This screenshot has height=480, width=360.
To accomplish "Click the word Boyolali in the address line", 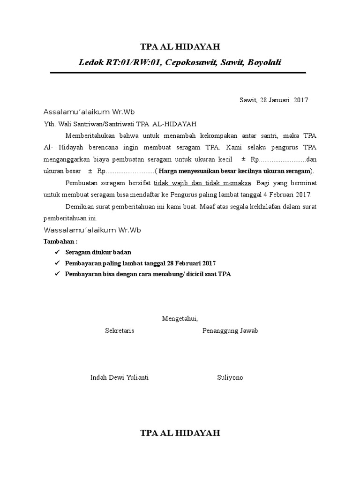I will click(x=264, y=62).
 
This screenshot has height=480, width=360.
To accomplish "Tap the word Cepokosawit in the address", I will click(x=189, y=62).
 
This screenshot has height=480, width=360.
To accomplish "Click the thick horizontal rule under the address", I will click(x=178, y=73).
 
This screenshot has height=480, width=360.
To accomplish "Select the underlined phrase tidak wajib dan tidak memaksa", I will click(x=202, y=182).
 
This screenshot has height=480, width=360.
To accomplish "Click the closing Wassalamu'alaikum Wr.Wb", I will click(x=92, y=230).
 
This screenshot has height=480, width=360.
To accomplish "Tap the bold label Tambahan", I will click(x=60, y=241).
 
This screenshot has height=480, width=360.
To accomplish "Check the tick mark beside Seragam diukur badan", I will click(x=58, y=252).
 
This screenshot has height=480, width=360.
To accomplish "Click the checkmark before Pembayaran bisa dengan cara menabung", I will click(x=58, y=274).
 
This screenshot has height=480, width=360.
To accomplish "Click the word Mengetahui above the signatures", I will click(x=180, y=319).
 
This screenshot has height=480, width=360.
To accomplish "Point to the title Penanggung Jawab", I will click(x=230, y=330).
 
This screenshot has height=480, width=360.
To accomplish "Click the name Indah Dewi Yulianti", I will click(x=120, y=377).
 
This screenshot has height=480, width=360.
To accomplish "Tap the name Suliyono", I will click(x=230, y=377).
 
